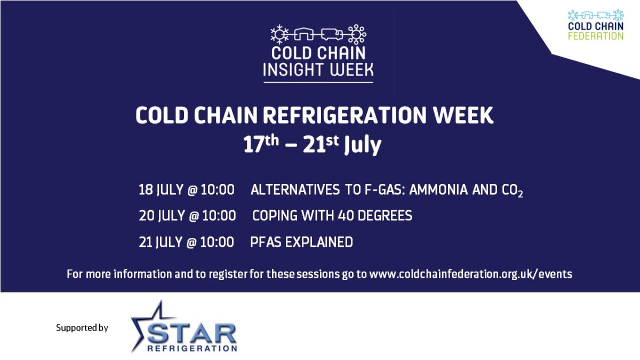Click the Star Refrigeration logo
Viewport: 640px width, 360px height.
tap(184, 327)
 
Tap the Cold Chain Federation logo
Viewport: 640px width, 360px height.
tap(596, 25)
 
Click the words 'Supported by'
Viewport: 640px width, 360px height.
tap(82, 327)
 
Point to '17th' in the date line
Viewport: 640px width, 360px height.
tap(261, 143)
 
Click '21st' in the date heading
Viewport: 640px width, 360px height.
tap(321, 143)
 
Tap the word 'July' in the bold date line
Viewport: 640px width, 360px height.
tap(363, 145)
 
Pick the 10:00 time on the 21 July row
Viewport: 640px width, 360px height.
tap(217, 242)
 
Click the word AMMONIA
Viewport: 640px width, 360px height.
tap(438, 190)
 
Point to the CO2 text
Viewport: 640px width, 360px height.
tap(513, 190)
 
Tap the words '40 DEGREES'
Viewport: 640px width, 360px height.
tap(375, 215)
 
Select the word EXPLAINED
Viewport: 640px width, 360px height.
tap(319, 242)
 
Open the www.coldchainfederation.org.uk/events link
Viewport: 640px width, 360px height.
tap(471, 274)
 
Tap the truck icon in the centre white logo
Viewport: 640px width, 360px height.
tap(332, 35)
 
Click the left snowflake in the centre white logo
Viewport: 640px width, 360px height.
tap(279, 34)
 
